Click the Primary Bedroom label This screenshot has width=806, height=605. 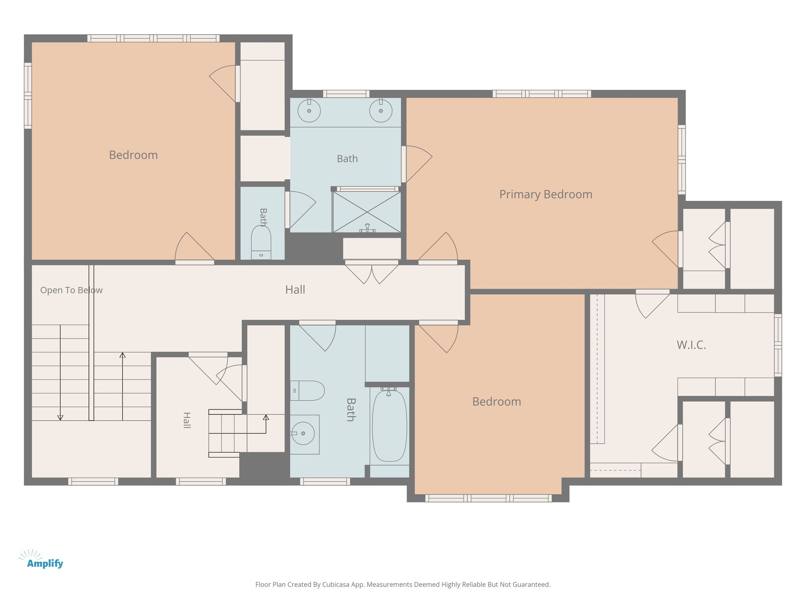pos(545,195)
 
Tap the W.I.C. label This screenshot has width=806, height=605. pos(691,345)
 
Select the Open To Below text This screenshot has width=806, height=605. pos(71,290)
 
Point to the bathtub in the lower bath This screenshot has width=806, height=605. pos(390,425)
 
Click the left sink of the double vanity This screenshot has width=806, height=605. pos(309,111)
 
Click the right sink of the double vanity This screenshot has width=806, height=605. pos(381,111)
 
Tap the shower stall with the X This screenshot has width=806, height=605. pos(367,212)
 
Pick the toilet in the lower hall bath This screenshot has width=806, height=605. pos(307,391)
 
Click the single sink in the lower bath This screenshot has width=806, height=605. pos(303,433)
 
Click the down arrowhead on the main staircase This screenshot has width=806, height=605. pos(60,418)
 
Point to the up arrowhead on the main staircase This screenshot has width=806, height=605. pos(122,355)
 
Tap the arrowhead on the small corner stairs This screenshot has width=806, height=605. pos(266,417)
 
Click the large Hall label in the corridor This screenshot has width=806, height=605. pos(295,290)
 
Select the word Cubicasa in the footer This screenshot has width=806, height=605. pos(337,585)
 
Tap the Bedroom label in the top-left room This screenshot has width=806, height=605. pos(133,155)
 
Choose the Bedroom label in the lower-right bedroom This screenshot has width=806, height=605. pos(497,402)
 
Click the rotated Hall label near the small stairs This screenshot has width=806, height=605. pos(187,420)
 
